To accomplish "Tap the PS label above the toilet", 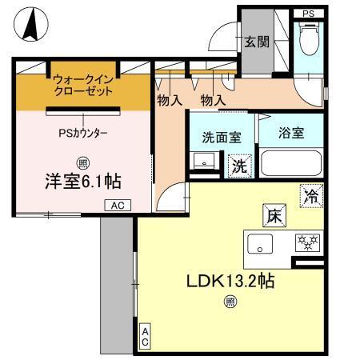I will coord(309,12).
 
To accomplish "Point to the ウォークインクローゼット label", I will coord(84,86).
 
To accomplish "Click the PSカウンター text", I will coord(83,134).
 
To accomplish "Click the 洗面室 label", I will coord(222,137).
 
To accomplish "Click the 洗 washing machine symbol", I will coord(239,167).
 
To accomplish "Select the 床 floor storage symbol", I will coord(272,214).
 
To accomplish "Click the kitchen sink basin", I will coord(261,243).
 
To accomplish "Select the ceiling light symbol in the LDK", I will coord(230,302).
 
